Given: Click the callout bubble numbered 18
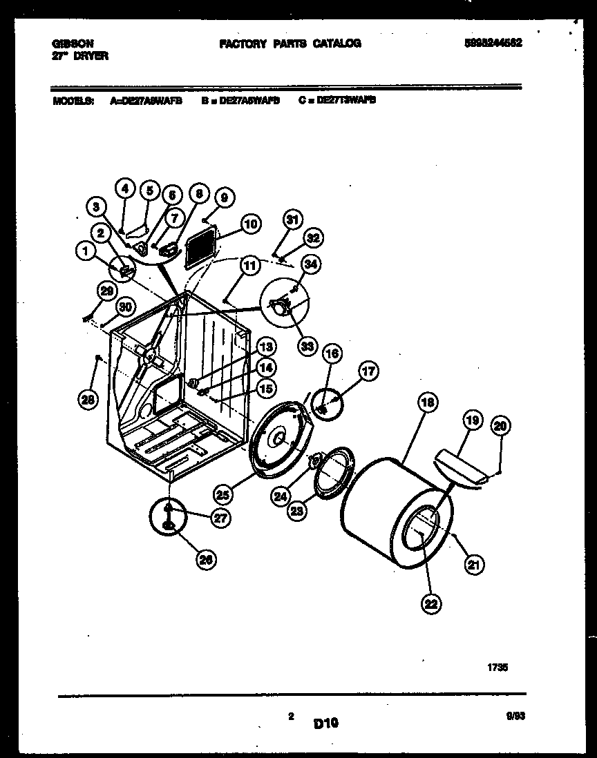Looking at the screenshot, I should pos(428,402).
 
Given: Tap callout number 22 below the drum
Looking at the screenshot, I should pos(430,604).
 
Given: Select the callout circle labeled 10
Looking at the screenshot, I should pos(250,224).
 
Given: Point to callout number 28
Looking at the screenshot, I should pos(89,398).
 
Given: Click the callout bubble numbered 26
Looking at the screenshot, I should pos(205,560).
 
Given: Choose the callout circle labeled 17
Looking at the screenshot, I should pos(368,372).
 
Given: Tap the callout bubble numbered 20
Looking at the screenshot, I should pos(500,426).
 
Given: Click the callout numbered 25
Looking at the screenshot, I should pos(222,494).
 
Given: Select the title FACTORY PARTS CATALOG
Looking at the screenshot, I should pos(290,43).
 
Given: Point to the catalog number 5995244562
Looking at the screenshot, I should pos(493,43).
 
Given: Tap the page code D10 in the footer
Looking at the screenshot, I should pos(325,723).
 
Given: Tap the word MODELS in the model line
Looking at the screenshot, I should pos(73,100).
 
